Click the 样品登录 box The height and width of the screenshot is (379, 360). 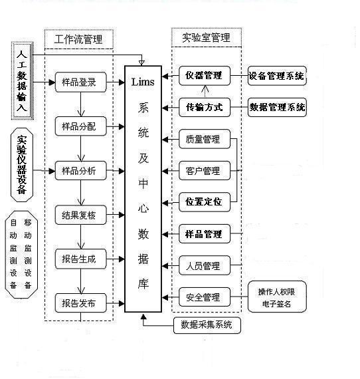pyautogui.click(x=79, y=83)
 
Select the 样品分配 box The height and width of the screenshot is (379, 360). pyautogui.click(x=79, y=126)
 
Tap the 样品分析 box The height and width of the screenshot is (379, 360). pyautogui.click(x=79, y=171)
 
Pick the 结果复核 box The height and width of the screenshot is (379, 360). pyautogui.click(x=79, y=215)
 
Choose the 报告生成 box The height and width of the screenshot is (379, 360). pyautogui.click(x=79, y=259)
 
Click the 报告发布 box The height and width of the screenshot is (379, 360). pyautogui.click(x=79, y=303)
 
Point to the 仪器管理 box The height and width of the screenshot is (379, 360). pyautogui.click(x=204, y=76)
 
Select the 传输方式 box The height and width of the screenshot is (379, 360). pyautogui.click(x=204, y=107)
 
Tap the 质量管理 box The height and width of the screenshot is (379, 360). pyautogui.click(x=204, y=140)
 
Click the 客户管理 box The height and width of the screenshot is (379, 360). pyautogui.click(x=204, y=171)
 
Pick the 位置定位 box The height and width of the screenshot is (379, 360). pyautogui.click(x=204, y=201)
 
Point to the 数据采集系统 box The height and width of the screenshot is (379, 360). pyautogui.click(x=207, y=325)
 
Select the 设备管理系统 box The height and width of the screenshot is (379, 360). pyautogui.click(x=277, y=76)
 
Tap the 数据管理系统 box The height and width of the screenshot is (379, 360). pyautogui.click(x=277, y=107)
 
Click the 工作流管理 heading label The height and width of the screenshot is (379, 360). pyautogui.click(x=79, y=39)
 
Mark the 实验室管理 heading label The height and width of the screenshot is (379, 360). pyautogui.click(x=205, y=38)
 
